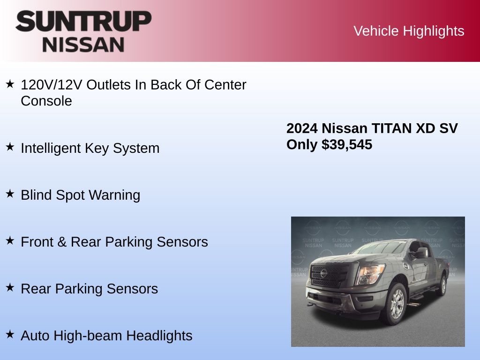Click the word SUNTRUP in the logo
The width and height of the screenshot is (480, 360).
[83, 21]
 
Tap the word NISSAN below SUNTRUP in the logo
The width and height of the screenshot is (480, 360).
[83, 45]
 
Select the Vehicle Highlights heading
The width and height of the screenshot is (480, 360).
[409, 31]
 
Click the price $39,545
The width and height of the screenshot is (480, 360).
[347, 144]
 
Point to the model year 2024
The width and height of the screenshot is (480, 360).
[302, 128]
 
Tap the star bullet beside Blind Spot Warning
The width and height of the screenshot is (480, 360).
[10, 194]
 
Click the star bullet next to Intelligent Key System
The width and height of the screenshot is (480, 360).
[10, 147]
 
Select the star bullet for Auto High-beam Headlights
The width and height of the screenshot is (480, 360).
[10, 334]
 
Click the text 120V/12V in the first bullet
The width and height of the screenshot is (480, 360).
[52, 85]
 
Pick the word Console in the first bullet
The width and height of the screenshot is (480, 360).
[46, 101]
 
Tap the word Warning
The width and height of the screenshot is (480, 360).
[114, 195]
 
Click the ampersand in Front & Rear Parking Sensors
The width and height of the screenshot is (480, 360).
[62, 242]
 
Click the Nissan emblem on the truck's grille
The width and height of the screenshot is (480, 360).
[323, 273]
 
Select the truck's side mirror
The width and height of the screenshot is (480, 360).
[420, 253]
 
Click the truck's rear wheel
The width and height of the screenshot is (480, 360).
[442, 285]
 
